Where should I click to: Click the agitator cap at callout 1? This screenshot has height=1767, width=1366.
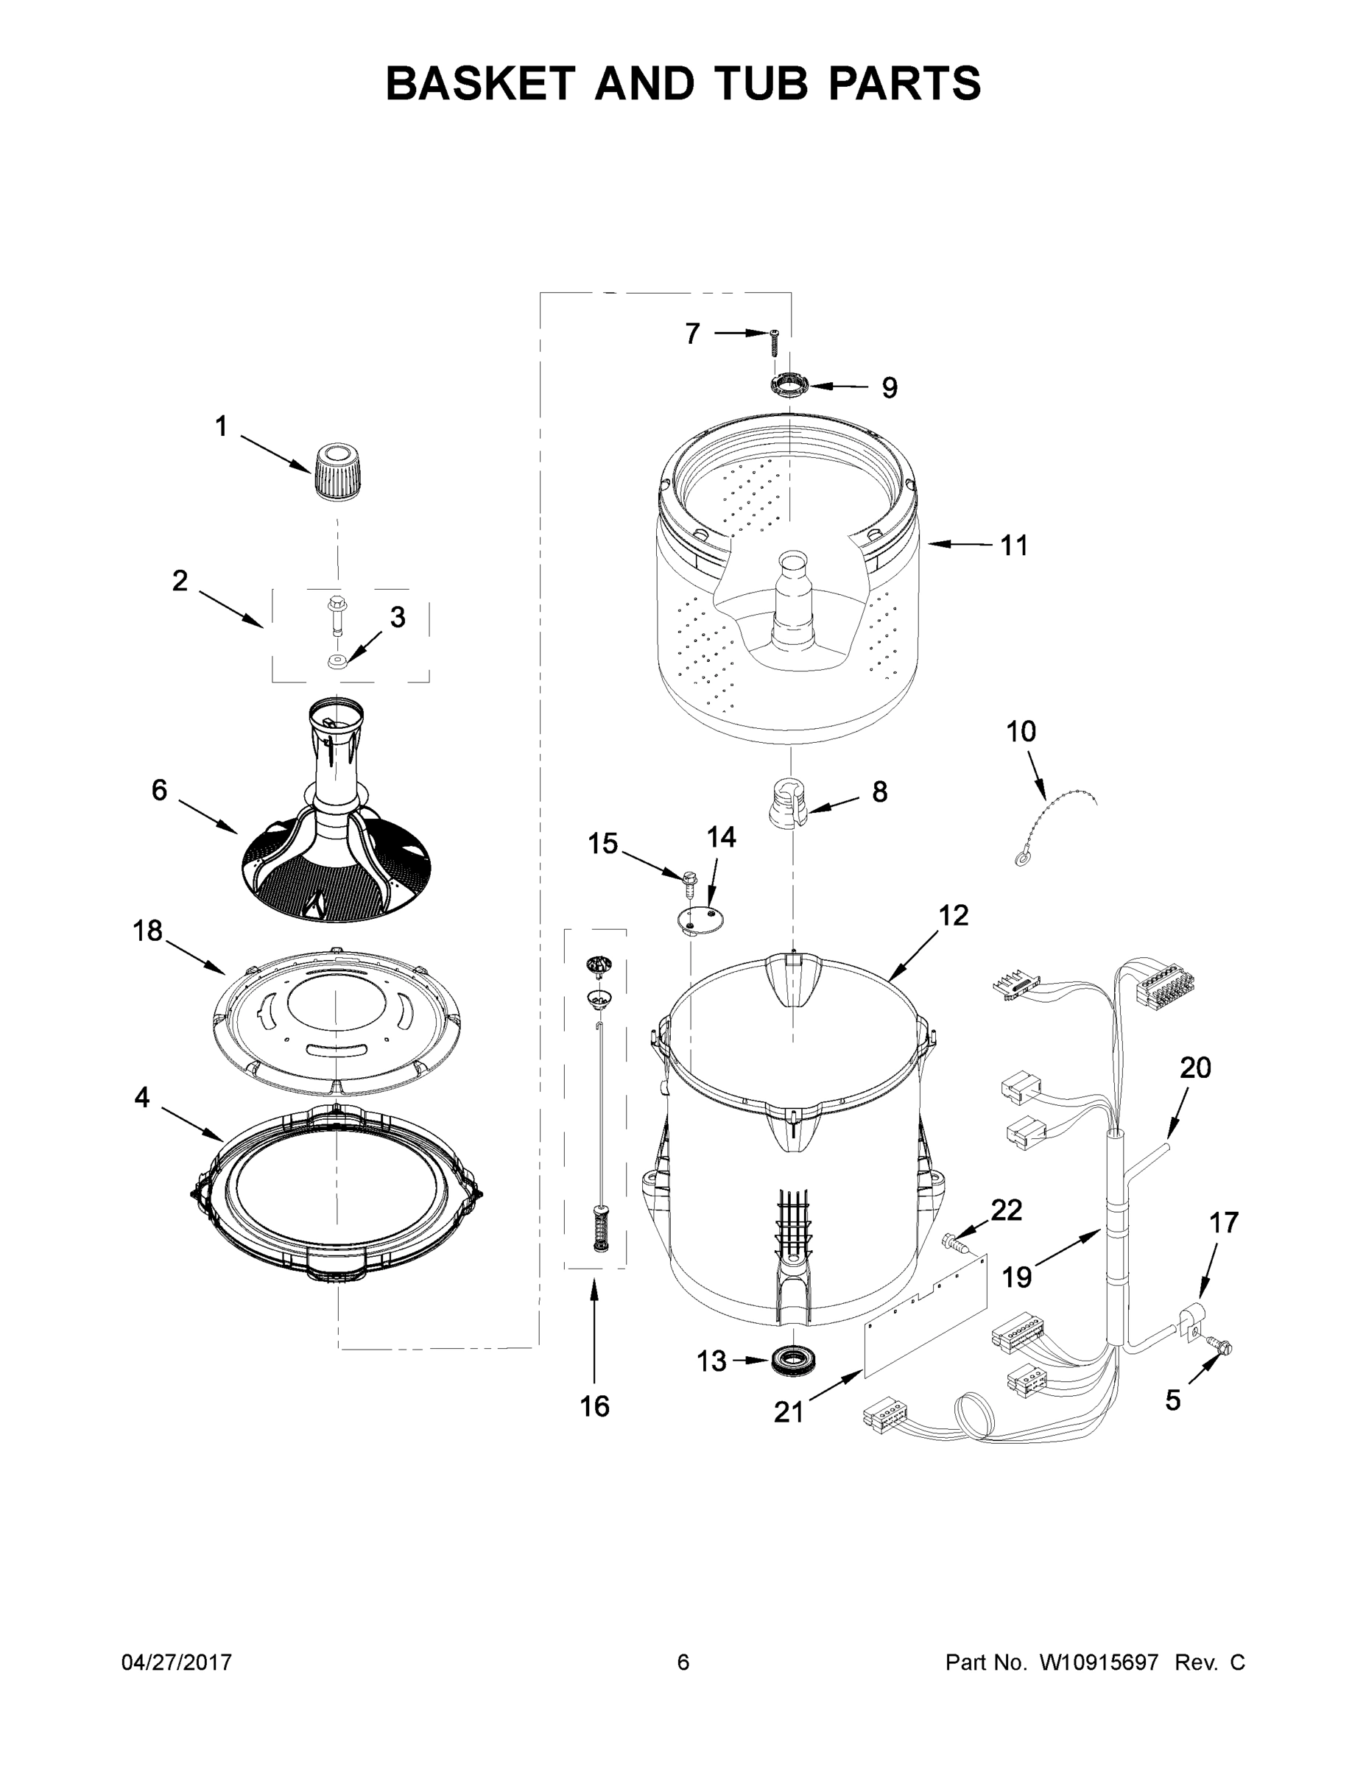335,473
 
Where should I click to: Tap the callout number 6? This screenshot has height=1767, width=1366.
159,790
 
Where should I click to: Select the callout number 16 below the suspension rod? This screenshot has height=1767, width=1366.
594,1406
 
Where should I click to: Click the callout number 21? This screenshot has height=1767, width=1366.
789,1412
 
